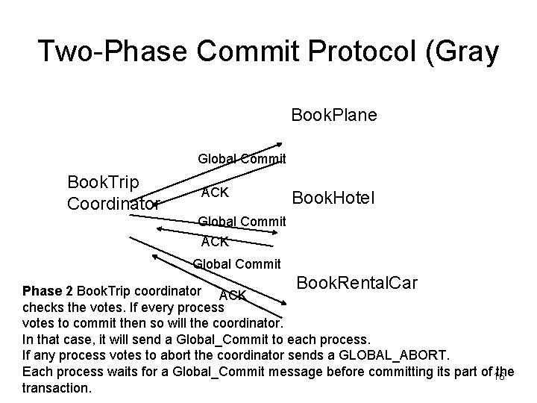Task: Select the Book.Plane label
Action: [333, 115]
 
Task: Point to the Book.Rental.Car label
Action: [357, 284]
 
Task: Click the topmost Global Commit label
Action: [242, 158]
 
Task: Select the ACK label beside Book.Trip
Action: [215, 193]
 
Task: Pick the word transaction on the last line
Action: [57, 389]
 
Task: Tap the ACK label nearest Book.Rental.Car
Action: [233, 296]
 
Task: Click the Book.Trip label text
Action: [98, 183]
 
